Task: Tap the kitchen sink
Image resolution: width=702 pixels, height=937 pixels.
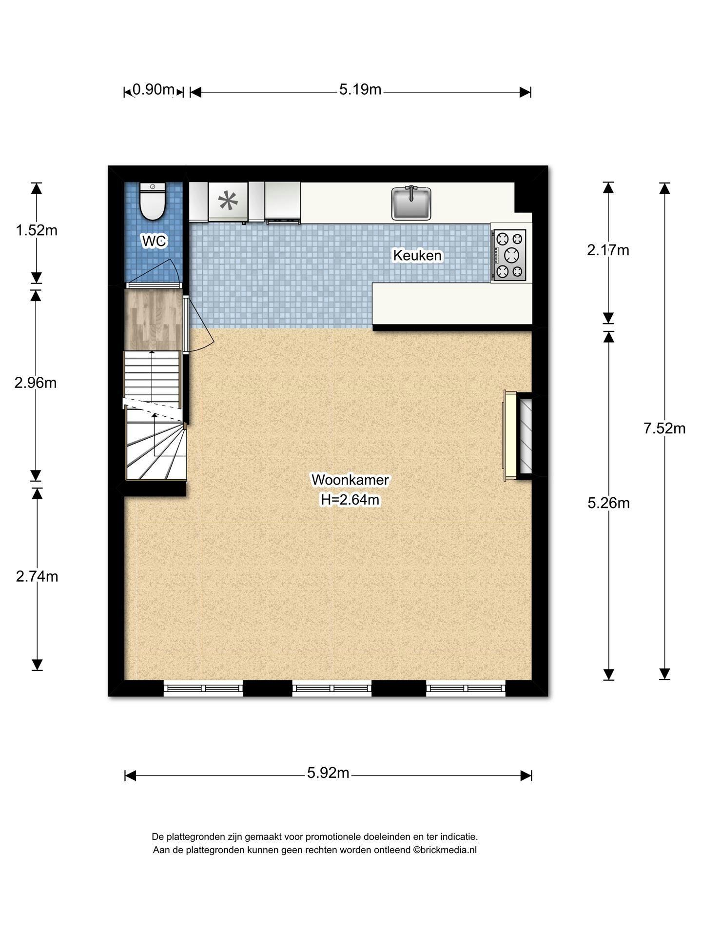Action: [x=411, y=203]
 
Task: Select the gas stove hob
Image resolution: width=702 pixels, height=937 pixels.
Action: [x=508, y=255]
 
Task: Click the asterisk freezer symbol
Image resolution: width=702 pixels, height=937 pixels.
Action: [x=228, y=201]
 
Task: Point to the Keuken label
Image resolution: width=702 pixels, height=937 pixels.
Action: [x=417, y=255]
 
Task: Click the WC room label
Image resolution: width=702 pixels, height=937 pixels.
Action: [x=154, y=241]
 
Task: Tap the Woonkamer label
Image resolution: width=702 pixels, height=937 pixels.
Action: [x=350, y=480]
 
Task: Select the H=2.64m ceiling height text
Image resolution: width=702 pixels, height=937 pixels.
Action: [x=350, y=500]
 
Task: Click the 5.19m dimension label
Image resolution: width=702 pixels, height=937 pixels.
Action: [x=360, y=89]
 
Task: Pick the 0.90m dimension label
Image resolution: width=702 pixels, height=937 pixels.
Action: [x=154, y=89]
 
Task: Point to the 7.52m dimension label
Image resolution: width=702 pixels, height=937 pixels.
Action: [x=664, y=428]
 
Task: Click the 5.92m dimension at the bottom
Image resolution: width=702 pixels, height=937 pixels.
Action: [x=328, y=773]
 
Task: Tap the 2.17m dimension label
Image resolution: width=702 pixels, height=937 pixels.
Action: [x=608, y=250]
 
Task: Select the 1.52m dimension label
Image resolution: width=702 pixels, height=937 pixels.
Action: [x=37, y=230]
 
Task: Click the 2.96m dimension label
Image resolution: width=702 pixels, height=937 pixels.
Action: [x=36, y=383]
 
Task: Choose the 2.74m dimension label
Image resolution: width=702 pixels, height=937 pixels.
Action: [x=37, y=576]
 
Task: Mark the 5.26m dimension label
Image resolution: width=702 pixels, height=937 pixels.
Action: [x=608, y=503]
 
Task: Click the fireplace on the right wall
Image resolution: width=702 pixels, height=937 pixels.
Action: [x=518, y=436]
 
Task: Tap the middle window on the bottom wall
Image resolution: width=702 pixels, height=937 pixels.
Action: [x=332, y=688]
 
